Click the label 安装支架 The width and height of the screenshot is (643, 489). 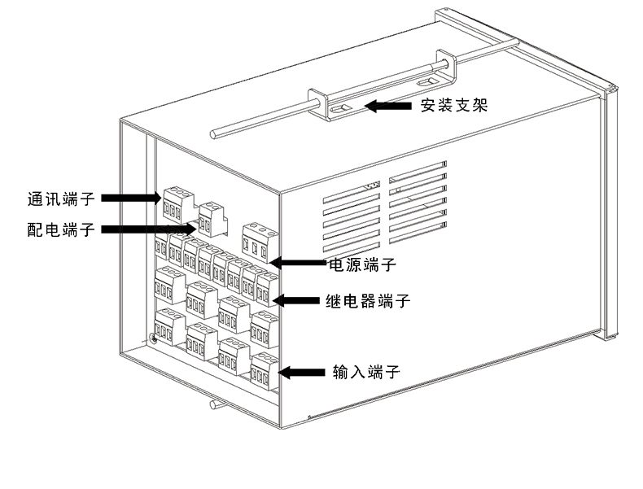(x=453, y=105)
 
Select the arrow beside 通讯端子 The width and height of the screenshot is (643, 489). (x=131, y=198)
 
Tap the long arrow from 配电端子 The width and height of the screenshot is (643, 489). (x=151, y=229)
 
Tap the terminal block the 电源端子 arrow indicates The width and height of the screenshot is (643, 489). (x=259, y=242)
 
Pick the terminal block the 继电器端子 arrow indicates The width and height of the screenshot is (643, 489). (x=267, y=288)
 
